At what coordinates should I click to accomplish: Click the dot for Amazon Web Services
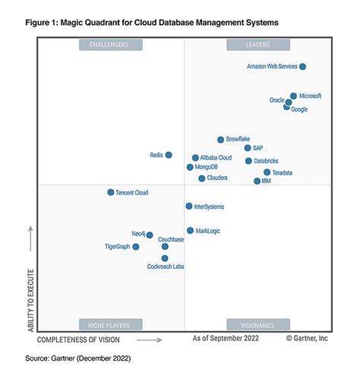302,67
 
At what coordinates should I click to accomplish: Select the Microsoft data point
293,96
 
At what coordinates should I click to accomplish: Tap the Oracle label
276,100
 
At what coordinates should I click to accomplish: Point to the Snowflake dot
220,140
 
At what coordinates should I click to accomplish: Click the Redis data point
169,155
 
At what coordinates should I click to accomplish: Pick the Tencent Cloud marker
111,193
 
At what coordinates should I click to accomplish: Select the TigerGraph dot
136,247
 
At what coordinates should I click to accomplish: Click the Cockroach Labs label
166,267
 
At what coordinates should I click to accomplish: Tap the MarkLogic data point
190,230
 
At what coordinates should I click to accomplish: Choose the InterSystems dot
189,206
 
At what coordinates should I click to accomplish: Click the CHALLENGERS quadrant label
109,46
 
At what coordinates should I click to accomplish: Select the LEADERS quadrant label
257,46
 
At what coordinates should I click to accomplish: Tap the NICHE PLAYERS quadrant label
109,324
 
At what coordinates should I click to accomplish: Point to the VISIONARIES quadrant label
257,324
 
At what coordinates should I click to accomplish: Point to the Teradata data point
267,172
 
